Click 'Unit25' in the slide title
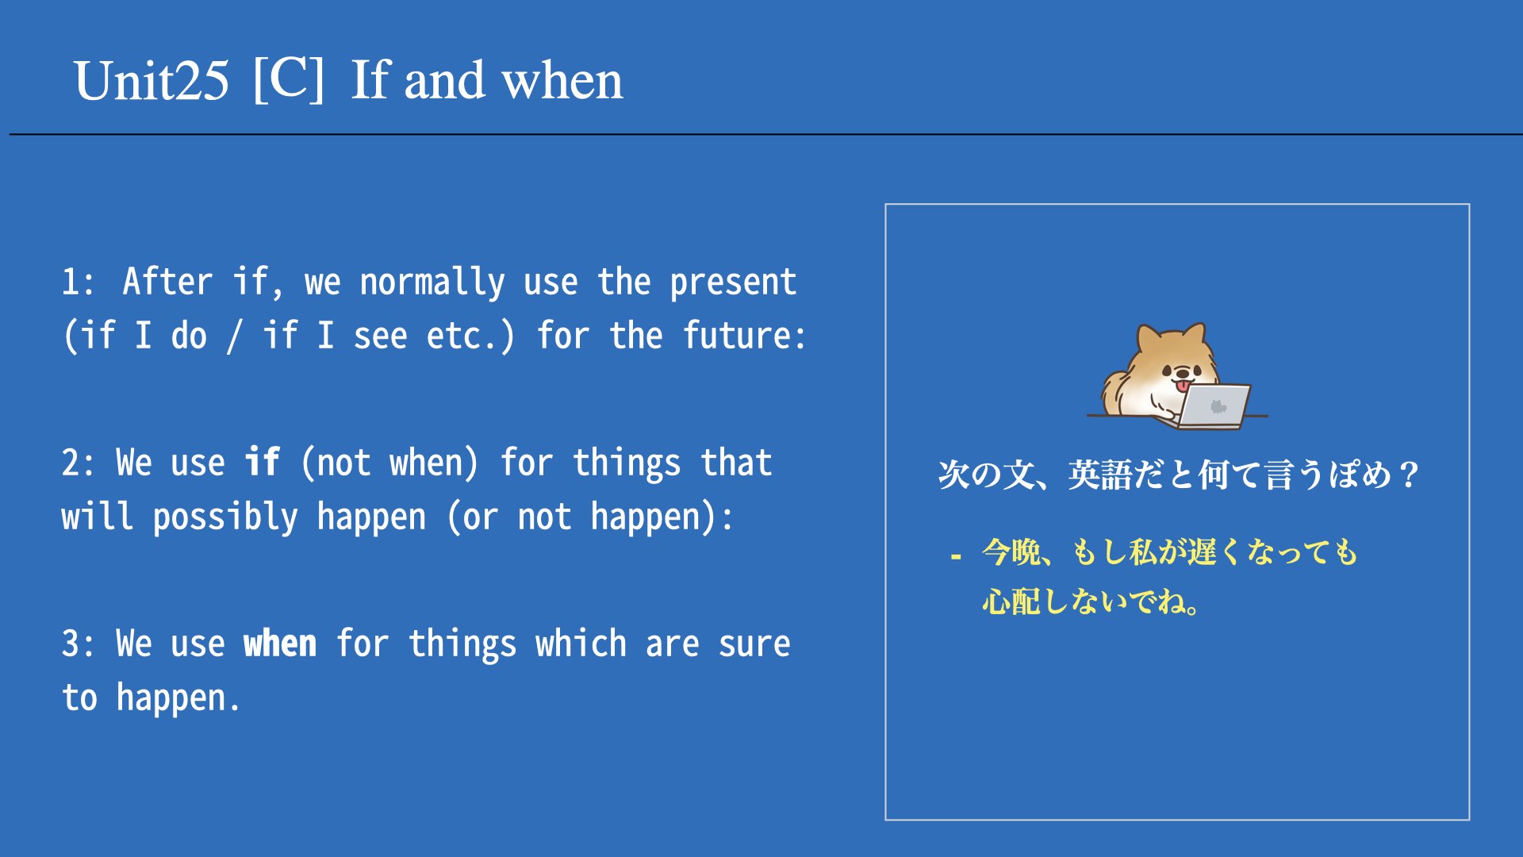tap(152, 81)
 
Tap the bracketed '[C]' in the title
tap(289, 79)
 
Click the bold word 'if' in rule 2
tap(262, 462)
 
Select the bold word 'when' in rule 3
tap(280, 643)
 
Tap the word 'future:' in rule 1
tap(745, 335)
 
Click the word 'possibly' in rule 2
tap(225, 517)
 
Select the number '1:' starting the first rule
tap(79, 282)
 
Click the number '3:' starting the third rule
tap(79, 644)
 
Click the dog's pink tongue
tap(1183, 386)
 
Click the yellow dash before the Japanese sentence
tap(956, 557)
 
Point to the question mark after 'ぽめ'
tap(1408, 475)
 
